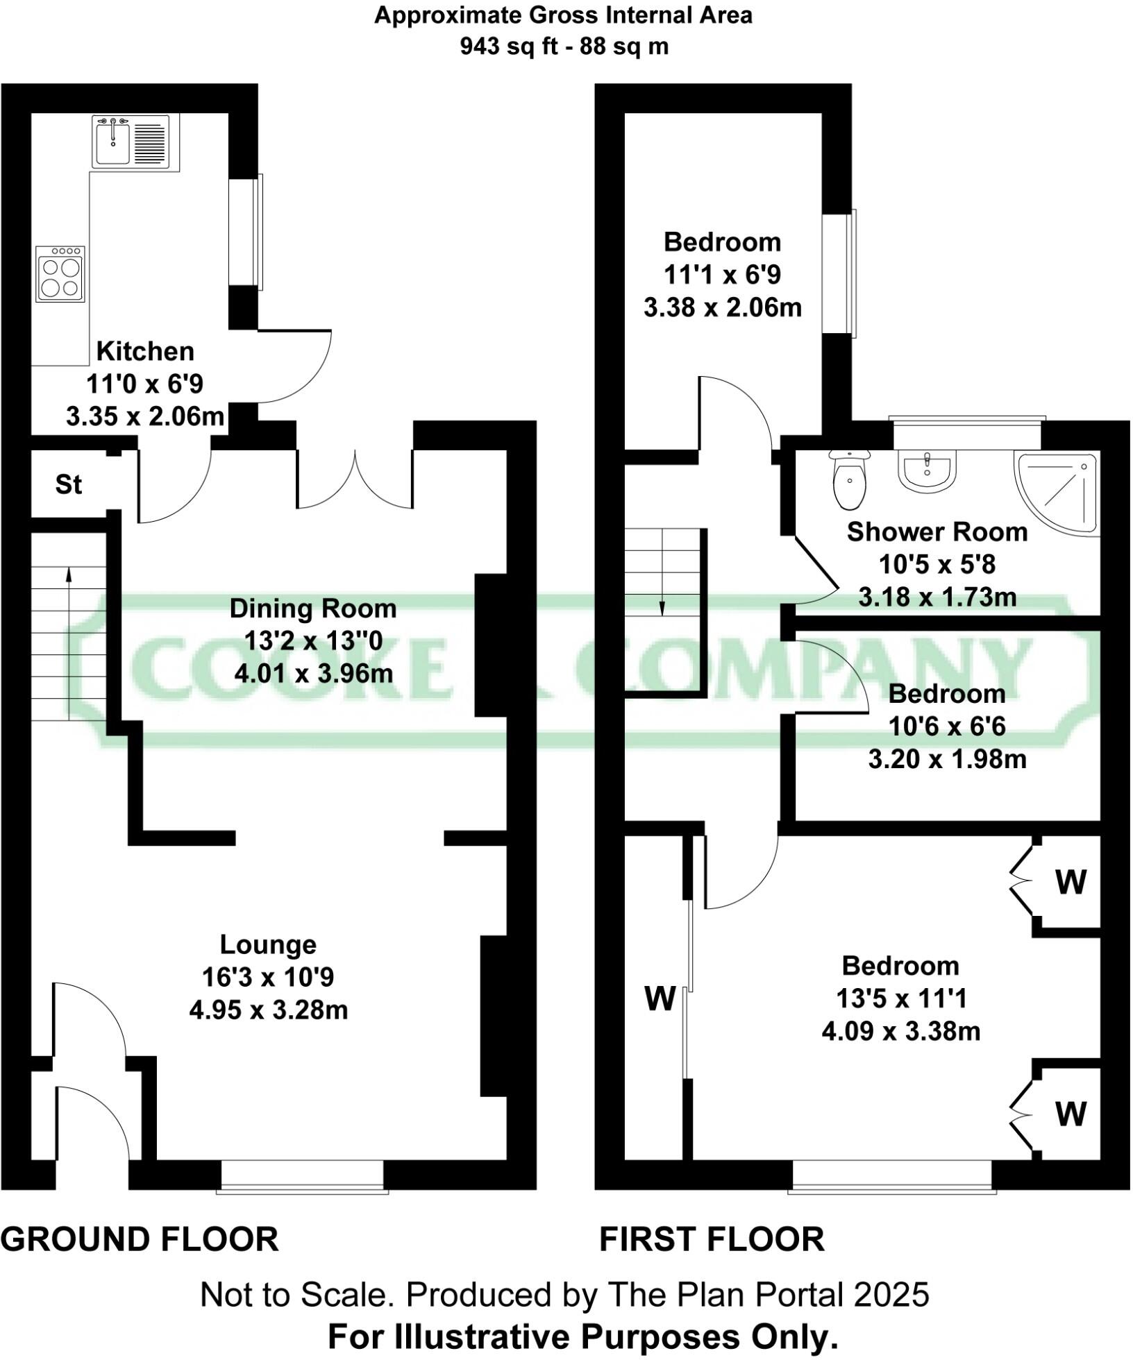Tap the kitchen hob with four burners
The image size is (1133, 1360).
click(60, 274)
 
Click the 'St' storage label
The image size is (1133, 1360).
click(69, 484)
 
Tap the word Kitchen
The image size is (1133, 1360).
click(145, 351)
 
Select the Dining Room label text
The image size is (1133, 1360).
click(313, 609)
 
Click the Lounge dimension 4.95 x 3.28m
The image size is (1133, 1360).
click(269, 1010)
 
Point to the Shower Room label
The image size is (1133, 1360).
click(937, 532)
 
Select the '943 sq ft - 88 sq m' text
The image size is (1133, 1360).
click(564, 46)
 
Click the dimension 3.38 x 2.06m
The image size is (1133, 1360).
click(723, 307)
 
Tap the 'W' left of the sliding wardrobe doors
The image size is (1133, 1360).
click(660, 999)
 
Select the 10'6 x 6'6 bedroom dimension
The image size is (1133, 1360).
click(947, 726)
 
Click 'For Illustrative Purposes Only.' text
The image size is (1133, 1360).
click(583, 1336)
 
